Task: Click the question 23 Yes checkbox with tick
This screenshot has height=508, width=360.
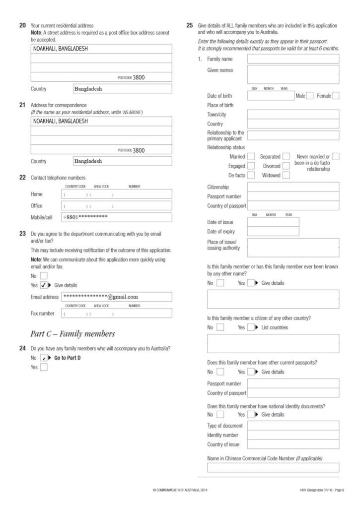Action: tap(44, 285)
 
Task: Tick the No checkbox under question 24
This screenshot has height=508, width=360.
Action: tap(44, 357)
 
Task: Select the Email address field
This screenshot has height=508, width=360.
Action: tap(117, 297)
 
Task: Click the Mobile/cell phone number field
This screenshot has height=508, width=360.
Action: tap(117, 217)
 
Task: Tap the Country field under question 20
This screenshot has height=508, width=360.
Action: tap(122, 89)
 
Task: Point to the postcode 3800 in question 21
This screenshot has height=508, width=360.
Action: tap(139, 150)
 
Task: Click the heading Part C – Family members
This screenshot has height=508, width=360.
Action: tap(72, 333)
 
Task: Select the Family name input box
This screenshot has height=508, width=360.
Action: tap(293, 59)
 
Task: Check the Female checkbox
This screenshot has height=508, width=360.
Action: tap(336, 96)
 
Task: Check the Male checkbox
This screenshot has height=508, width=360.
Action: tap(310, 96)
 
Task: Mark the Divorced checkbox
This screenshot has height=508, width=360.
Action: tap(287, 166)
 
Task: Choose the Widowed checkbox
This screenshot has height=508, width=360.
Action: tap(287, 175)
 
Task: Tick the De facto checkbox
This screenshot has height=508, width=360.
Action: tap(251, 175)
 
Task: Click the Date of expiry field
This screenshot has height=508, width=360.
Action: tap(273, 232)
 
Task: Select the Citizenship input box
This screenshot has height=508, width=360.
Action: tap(293, 187)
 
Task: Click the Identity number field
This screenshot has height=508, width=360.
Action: tap(293, 435)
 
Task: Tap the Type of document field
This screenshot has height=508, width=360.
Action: tap(293, 426)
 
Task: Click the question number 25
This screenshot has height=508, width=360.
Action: tap(189, 25)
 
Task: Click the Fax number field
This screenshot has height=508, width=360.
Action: tap(117, 314)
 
